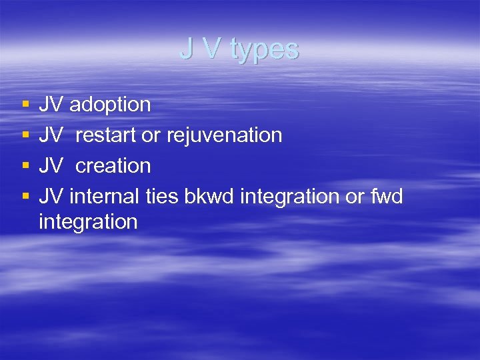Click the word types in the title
tap(265, 49)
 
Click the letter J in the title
tap(186, 49)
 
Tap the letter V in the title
tap(210, 49)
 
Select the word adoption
tap(110, 105)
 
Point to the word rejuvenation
tap(224, 135)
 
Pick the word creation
tap(113, 165)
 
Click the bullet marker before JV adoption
tap(25, 105)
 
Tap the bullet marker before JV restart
tap(25, 136)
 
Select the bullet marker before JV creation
tap(25, 166)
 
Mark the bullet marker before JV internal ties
tap(25, 197)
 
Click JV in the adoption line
tap(51, 105)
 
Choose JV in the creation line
tap(51, 165)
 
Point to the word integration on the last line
tap(88, 221)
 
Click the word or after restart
tap(151, 135)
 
